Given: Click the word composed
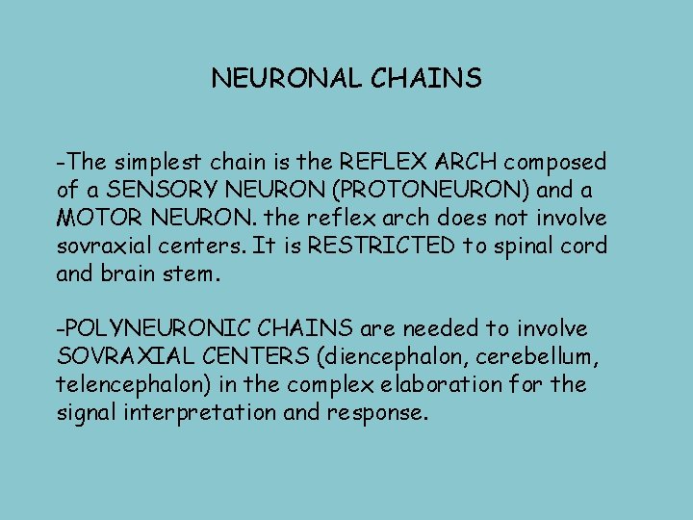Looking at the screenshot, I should point(561,162).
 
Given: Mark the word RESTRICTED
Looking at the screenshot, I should point(374,246).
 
